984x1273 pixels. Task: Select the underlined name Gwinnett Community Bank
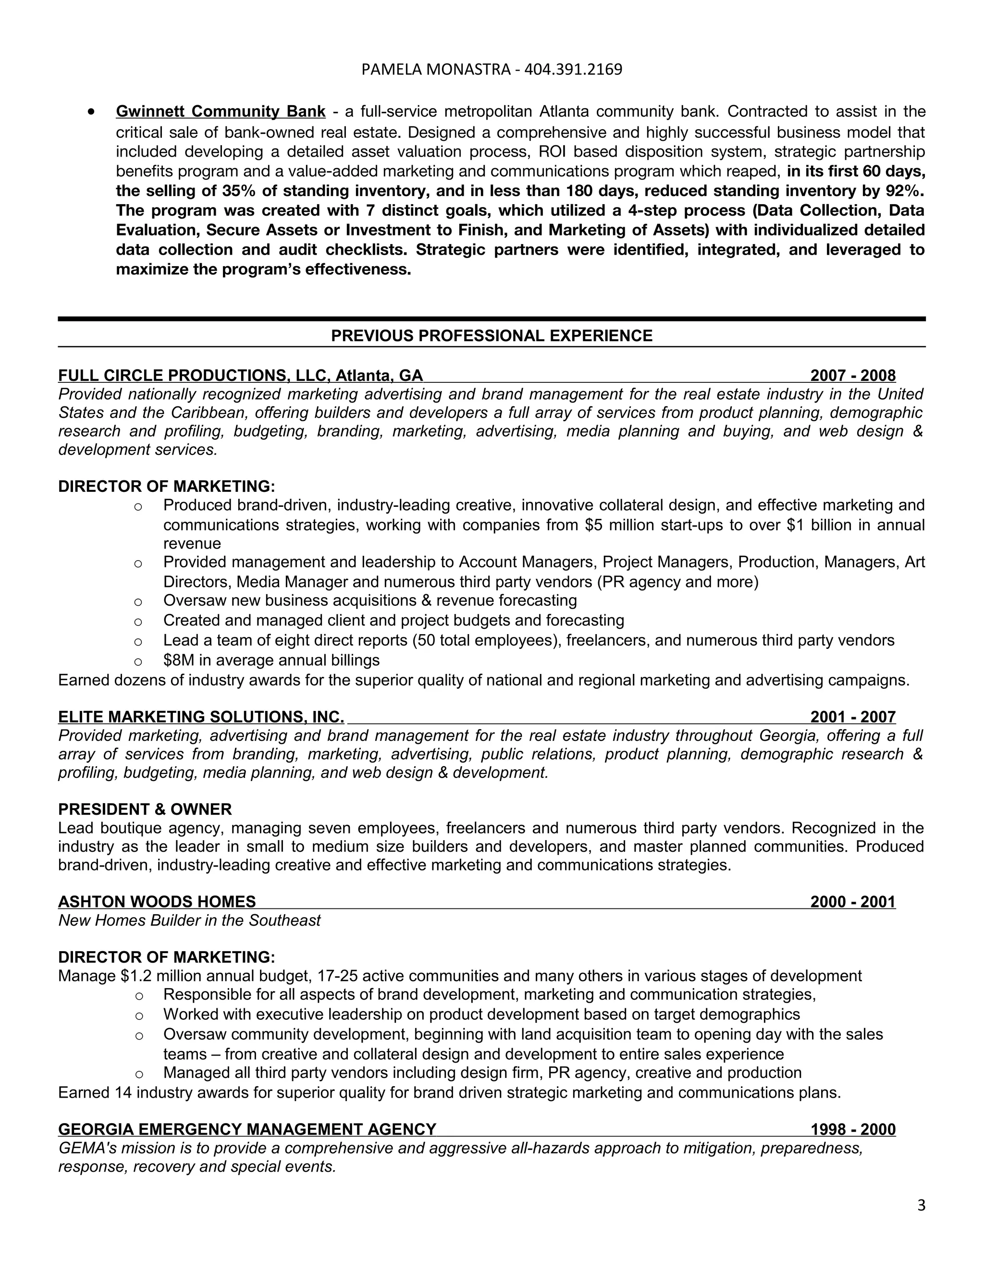pyautogui.click(x=221, y=111)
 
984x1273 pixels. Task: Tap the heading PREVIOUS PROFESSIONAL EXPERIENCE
pyautogui.click(x=492, y=336)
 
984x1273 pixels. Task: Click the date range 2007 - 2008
pyautogui.click(x=852, y=375)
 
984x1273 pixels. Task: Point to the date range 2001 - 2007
pyautogui.click(x=852, y=717)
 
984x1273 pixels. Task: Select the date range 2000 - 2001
pyautogui.click(x=852, y=902)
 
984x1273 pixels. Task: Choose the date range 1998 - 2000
pyautogui.click(x=852, y=1130)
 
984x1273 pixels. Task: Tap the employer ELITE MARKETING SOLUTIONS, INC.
pyautogui.click(x=200, y=717)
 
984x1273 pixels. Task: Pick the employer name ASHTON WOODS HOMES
pyautogui.click(x=157, y=902)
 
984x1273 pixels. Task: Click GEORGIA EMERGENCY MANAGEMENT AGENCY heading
pyautogui.click(x=247, y=1130)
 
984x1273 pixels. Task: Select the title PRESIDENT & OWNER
pyautogui.click(x=145, y=809)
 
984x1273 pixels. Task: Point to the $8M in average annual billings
pyautogui.click(x=271, y=661)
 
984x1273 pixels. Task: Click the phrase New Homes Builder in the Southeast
pyautogui.click(x=189, y=920)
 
